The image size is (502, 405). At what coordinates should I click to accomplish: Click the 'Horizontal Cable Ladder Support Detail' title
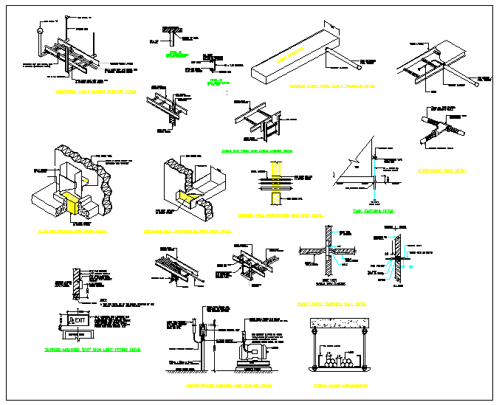[96, 92]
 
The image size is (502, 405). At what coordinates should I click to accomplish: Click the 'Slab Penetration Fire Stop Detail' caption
[72, 231]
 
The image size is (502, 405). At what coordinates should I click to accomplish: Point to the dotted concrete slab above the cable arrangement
[339, 322]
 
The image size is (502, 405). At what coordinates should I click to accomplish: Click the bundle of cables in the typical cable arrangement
[339, 362]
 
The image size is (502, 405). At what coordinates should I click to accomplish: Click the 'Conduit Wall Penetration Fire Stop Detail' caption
[291, 215]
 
